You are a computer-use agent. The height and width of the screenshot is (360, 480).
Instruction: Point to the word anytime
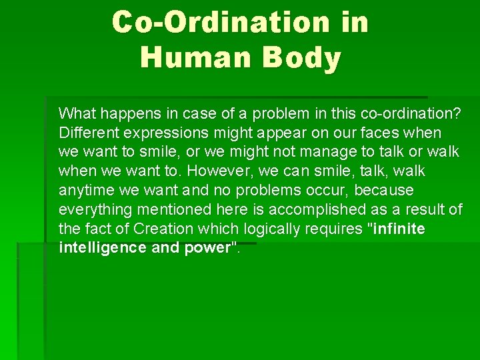click(x=86, y=190)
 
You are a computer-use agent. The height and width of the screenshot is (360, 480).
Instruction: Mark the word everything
click(x=94, y=209)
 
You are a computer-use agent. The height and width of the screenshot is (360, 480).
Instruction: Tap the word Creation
click(x=163, y=229)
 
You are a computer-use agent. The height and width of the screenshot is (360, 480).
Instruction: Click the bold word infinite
click(x=399, y=229)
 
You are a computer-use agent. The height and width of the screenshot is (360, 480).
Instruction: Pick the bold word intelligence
click(x=99, y=248)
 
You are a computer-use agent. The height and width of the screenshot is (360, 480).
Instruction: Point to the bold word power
click(x=203, y=248)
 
